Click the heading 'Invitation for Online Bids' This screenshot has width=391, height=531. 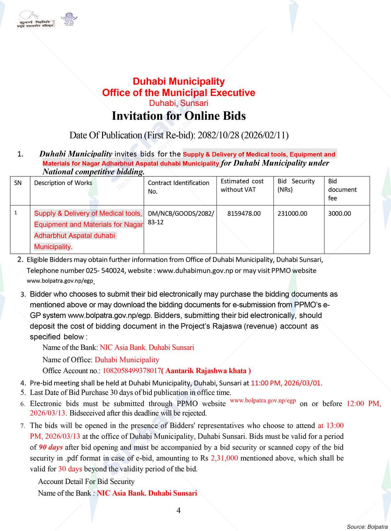179,116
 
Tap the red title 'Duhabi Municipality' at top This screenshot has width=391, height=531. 179,81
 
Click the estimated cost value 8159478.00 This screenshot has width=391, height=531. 244,214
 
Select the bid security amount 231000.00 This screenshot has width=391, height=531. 292,214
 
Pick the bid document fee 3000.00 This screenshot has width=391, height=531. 339,214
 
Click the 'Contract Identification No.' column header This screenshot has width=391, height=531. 178,187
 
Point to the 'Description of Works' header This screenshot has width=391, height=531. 63,183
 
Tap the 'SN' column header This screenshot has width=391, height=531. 18,183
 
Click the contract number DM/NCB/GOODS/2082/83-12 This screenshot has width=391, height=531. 181,218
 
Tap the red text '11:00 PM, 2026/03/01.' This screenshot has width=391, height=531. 286,383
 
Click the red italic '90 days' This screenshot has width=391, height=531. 51,447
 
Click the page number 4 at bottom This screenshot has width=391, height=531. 179,510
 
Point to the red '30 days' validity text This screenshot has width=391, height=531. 70,469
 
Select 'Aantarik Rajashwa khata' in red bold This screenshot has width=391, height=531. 208,371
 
